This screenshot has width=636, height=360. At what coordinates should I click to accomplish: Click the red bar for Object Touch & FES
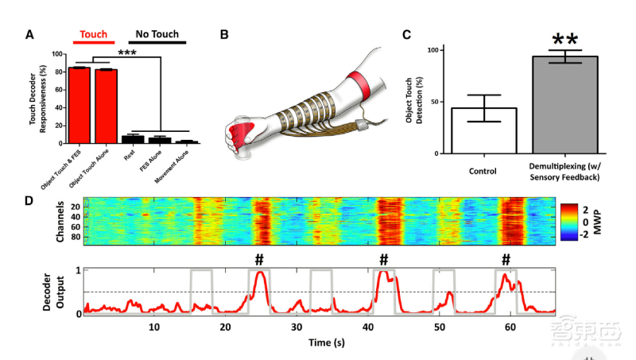pyautogui.click(x=79, y=106)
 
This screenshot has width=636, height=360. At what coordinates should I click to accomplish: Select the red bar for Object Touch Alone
pyautogui.click(x=106, y=106)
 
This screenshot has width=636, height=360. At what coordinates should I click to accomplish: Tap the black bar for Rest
pyautogui.click(x=133, y=139)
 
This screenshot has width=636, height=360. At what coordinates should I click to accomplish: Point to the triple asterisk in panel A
pyautogui.click(x=130, y=54)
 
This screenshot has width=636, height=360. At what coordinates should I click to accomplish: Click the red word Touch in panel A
pyautogui.click(x=93, y=35)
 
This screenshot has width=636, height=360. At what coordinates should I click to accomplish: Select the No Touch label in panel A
pyautogui.click(x=156, y=35)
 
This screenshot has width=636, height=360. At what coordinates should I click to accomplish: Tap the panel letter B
pyautogui.click(x=224, y=35)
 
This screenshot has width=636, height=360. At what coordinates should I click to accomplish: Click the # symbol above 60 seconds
pyautogui.click(x=506, y=260)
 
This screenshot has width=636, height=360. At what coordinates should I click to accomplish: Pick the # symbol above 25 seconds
pyautogui.click(x=258, y=260)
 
